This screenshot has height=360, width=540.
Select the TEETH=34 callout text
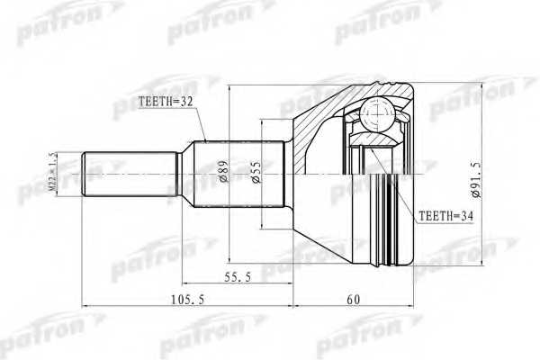point(444,217)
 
